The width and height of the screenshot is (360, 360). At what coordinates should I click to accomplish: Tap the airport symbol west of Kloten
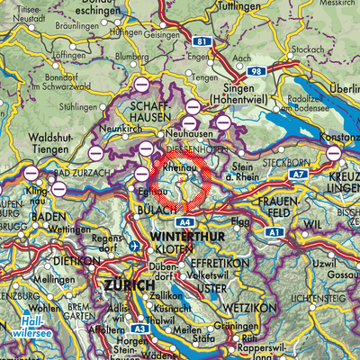pyautogui.click(x=134, y=246)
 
